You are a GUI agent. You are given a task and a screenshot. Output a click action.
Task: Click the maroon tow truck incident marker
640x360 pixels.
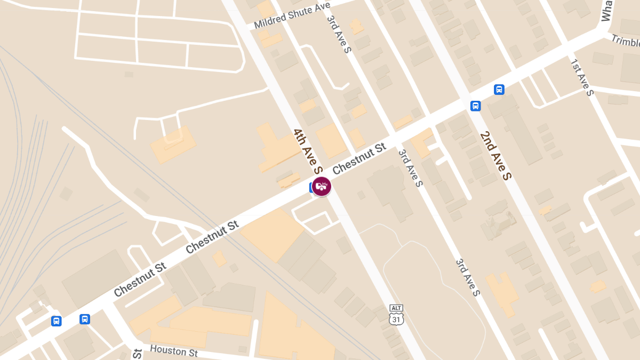[x=322, y=186]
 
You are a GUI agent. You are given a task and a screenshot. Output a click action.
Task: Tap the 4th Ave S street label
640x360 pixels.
[x=308, y=151]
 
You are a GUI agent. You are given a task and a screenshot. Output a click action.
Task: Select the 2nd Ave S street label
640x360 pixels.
[x=495, y=155]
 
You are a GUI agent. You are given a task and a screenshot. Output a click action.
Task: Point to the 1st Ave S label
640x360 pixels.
[x=582, y=78]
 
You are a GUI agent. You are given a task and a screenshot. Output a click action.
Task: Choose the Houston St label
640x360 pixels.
[x=174, y=350]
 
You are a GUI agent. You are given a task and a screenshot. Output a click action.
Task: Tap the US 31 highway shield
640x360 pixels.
[x=397, y=318]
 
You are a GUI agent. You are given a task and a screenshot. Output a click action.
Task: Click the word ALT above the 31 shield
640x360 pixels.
[x=397, y=308]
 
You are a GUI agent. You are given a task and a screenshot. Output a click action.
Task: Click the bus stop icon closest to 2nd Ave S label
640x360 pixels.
[x=476, y=106]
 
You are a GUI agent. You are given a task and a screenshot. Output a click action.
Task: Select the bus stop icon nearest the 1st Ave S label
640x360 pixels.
[x=499, y=89]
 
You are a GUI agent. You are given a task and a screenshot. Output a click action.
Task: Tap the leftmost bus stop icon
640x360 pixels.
[x=56, y=321]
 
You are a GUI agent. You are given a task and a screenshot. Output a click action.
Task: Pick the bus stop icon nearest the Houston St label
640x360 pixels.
[x=84, y=319]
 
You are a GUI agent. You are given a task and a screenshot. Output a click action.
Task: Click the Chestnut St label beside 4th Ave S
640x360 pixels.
[x=359, y=158]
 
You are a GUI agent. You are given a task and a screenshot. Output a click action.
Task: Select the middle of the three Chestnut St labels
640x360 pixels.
[x=212, y=238]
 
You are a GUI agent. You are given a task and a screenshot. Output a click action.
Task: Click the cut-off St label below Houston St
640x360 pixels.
[x=137, y=354]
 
